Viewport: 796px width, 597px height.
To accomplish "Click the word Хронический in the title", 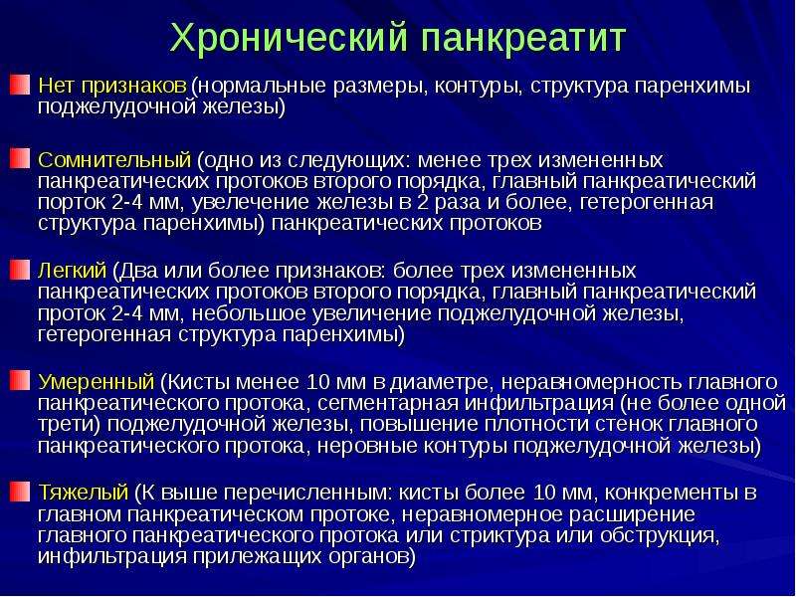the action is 290,39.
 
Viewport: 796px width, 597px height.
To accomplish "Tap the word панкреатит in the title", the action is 525,39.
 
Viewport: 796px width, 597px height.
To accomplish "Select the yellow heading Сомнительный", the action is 114,160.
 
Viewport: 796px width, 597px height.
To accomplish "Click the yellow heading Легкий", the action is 73,270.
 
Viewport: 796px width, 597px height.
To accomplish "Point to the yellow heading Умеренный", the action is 96,381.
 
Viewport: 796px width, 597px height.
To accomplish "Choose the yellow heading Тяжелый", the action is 84,492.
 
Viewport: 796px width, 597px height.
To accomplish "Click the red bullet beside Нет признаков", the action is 20,85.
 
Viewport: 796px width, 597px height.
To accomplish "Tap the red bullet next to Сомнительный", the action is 20,158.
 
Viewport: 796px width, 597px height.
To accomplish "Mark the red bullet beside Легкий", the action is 20,269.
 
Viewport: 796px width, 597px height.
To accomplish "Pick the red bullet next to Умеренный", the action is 20,380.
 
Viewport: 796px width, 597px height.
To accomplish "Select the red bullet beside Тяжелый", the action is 20,492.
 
